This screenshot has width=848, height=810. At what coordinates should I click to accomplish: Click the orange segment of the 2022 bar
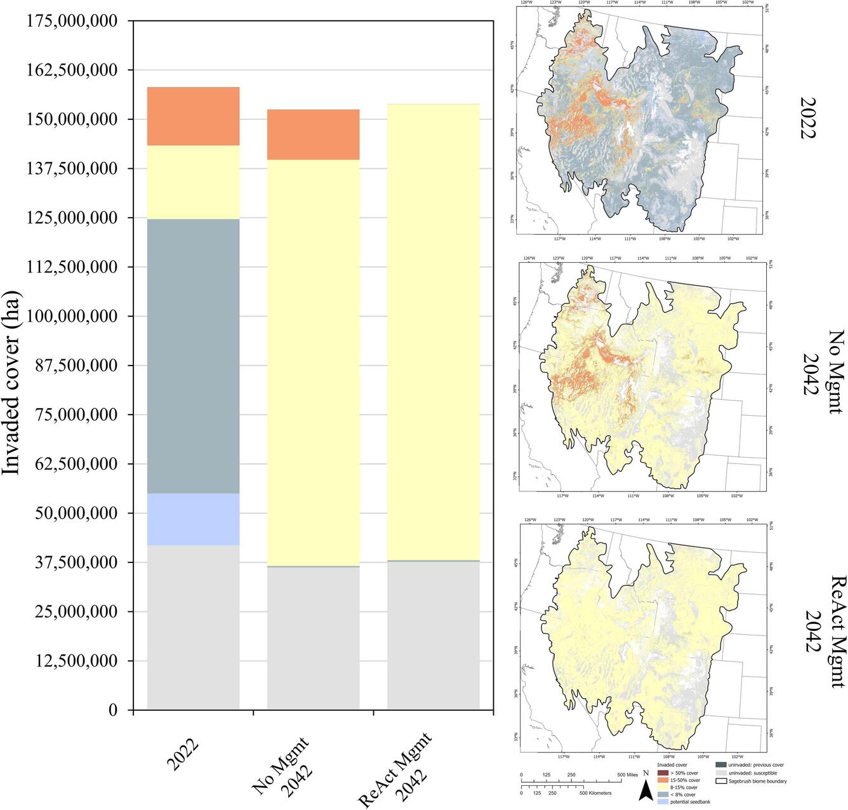[193, 116]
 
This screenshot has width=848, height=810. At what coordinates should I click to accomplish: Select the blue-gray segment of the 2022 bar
[193, 356]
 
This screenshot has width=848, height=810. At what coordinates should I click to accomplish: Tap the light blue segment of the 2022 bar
[193, 519]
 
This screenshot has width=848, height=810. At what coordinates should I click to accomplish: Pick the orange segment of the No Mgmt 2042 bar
[313, 134]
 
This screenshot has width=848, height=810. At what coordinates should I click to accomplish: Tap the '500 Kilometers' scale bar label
[597, 793]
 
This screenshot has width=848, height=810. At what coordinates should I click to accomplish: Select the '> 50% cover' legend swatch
[663, 773]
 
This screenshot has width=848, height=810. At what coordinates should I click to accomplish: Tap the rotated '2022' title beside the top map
[808, 118]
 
